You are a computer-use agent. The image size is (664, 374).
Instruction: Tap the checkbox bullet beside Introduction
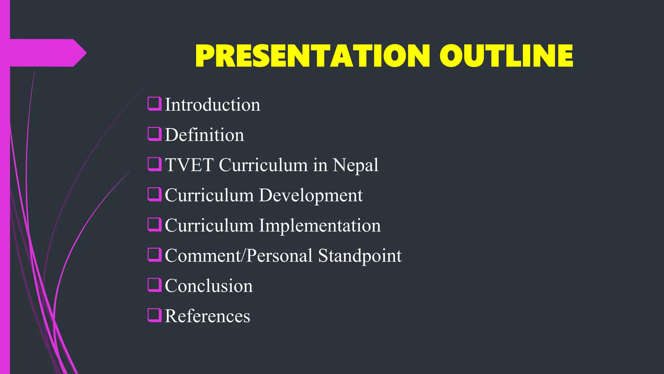(155, 104)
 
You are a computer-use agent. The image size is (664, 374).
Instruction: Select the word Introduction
(212, 105)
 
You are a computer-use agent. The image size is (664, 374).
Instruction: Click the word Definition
(204, 135)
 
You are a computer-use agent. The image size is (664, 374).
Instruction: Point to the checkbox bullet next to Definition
(155, 134)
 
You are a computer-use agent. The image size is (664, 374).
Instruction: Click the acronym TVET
(189, 165)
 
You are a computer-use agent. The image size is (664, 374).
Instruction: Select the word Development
(311, 195)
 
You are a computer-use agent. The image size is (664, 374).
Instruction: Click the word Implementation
(320, 226)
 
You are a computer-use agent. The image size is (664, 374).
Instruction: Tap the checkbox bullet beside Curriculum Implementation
(155, 225)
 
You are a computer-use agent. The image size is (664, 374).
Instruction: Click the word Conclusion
(208, 286)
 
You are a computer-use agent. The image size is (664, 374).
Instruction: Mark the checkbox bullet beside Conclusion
(155, 285)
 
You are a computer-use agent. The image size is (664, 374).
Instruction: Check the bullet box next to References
(155, 315)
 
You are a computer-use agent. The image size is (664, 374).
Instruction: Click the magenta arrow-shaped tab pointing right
(45, 53)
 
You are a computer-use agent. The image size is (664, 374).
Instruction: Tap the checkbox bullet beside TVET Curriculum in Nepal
(155, 164)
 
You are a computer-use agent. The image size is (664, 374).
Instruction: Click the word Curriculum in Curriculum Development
(209, 195)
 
